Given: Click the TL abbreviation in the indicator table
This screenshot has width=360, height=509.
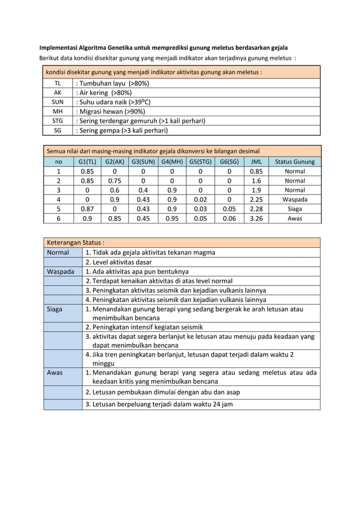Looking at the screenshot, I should [x=58, y=84].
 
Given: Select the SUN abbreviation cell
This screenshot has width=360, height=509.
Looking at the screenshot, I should [x=58, y=102].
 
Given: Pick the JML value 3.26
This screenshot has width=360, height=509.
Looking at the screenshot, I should [x=256, y=218].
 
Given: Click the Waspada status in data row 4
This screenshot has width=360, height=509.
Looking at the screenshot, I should [x=295, y=199].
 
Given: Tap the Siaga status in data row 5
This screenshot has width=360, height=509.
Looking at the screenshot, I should [x=295, y=209].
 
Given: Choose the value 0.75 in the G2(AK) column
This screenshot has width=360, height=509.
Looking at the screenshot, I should [x=115, y=181].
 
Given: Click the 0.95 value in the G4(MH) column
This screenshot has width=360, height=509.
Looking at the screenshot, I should [x=172, y=218].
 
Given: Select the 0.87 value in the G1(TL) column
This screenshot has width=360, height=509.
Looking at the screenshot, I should [x=87, y=209].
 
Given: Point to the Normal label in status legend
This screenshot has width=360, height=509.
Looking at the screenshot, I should [x=58, y=252].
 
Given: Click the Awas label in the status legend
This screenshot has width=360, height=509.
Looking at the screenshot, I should [x=55, y=372].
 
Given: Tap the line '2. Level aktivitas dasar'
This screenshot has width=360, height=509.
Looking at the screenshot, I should [x=118, y=262].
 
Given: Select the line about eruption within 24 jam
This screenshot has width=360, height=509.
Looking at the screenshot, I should [x=159, y=404].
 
